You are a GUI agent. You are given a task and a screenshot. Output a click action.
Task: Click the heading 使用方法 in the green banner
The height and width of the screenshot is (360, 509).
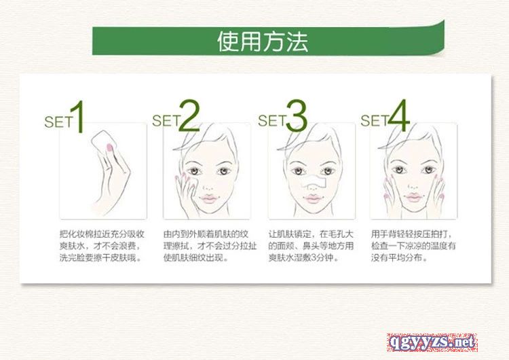[x=262, y=41]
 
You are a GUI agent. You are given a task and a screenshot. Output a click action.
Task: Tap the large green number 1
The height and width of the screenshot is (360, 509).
[x=78, y=116]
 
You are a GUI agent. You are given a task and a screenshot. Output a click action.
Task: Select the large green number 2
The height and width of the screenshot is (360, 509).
[x=189, y=115]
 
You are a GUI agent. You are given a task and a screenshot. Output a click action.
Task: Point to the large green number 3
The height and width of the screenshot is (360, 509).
[x=296, y=115]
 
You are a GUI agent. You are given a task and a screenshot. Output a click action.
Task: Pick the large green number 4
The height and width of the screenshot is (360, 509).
[x=398, y=115]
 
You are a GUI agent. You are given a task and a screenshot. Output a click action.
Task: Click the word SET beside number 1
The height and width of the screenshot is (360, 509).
[x=58, y=122]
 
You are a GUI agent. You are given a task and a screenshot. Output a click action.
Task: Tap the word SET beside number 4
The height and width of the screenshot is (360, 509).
[x=374, y=120]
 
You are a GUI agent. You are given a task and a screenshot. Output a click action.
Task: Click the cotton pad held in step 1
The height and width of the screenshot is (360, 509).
[x=103, y=142]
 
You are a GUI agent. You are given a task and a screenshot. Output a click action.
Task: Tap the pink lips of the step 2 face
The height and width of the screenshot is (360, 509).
[x=208, y=198]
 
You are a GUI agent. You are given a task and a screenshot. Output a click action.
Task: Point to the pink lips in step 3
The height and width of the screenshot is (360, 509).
[x=312, y=198]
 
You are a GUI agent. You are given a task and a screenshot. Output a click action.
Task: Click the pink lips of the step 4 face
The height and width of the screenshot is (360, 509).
[x=413, y=197]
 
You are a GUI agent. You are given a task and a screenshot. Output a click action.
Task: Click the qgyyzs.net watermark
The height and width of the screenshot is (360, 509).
[x=432, y=342]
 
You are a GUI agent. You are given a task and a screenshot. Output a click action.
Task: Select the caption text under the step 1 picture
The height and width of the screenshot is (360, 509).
[x=102, y=246]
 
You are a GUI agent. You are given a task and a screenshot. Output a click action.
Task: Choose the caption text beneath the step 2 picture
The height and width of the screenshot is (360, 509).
[x=210, y=246]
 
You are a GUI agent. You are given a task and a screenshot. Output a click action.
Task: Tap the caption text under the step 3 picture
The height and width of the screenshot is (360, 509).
[x=311, y=246]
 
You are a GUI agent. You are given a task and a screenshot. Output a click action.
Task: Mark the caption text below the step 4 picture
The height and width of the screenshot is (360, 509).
[x=413, y=246]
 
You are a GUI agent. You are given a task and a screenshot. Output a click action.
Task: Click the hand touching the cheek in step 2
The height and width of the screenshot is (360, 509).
[x=187, y=194]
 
